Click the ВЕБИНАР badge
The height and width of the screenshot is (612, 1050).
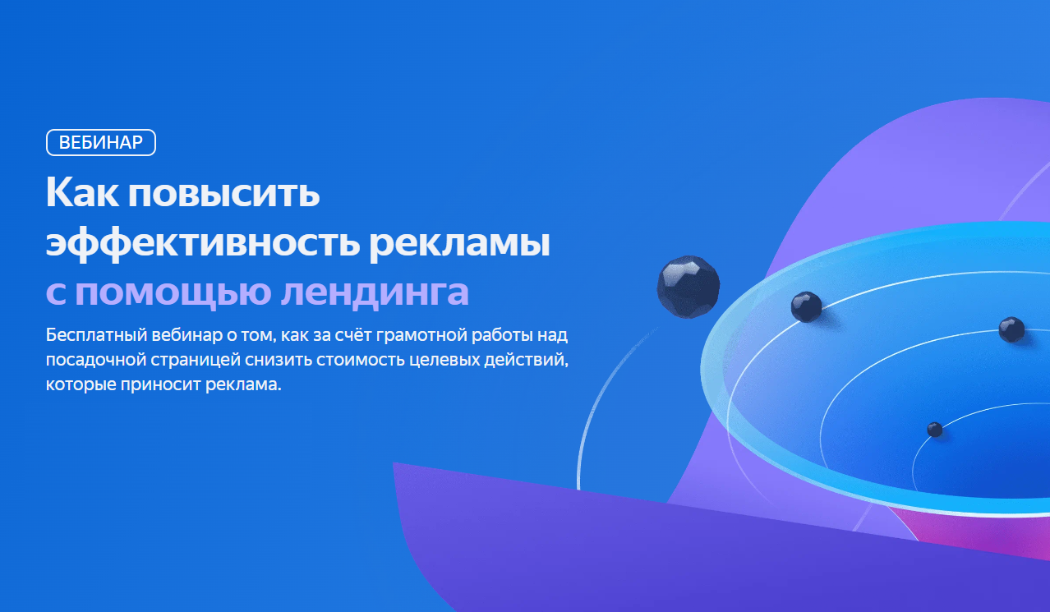tap(101, 143)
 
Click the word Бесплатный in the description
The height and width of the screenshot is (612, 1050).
tap(95, 336)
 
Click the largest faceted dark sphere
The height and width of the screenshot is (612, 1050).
tap(688, 287)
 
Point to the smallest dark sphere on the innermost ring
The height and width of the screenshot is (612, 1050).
tap(935, 429)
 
